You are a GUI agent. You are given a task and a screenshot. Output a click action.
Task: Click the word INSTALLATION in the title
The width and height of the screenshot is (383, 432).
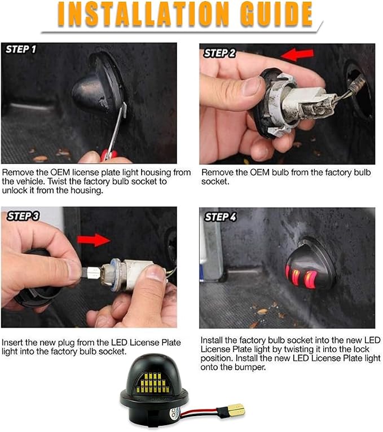click(x=143, y=14)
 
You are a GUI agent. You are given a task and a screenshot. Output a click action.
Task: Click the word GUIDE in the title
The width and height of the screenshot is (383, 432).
click(x=276, y=14)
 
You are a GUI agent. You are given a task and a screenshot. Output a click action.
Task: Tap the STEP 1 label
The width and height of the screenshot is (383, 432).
click(x=21, y=49)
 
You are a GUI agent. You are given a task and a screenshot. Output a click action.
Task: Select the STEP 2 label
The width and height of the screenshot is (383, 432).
click(x=219, y=53)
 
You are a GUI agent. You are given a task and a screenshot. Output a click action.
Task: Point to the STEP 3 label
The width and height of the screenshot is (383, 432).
click(x=23, y=216)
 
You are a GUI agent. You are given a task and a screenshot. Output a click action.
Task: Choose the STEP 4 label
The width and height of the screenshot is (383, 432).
click(x=221, y=217)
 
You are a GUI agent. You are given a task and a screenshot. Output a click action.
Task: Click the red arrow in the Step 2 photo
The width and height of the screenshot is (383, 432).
click(x=297, y=55)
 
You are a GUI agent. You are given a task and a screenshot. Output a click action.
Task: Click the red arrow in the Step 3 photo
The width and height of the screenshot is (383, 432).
click(x=94, y=240)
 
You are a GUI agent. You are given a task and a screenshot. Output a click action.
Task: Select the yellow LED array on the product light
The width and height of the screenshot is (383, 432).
click(x=152, y=382)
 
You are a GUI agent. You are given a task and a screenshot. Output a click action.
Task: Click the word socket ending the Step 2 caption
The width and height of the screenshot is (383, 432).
click(x=215, y=182)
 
